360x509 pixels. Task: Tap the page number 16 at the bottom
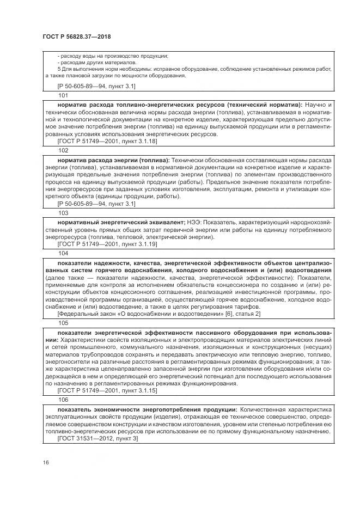point(45,462)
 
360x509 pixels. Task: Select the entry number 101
point(63,95)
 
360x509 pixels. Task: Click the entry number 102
point(63,150)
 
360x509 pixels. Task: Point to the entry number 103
point(63,213)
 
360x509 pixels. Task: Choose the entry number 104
point(63,253)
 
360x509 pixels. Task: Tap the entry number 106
point(63,399)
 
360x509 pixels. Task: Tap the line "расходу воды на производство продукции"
point(113,56)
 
